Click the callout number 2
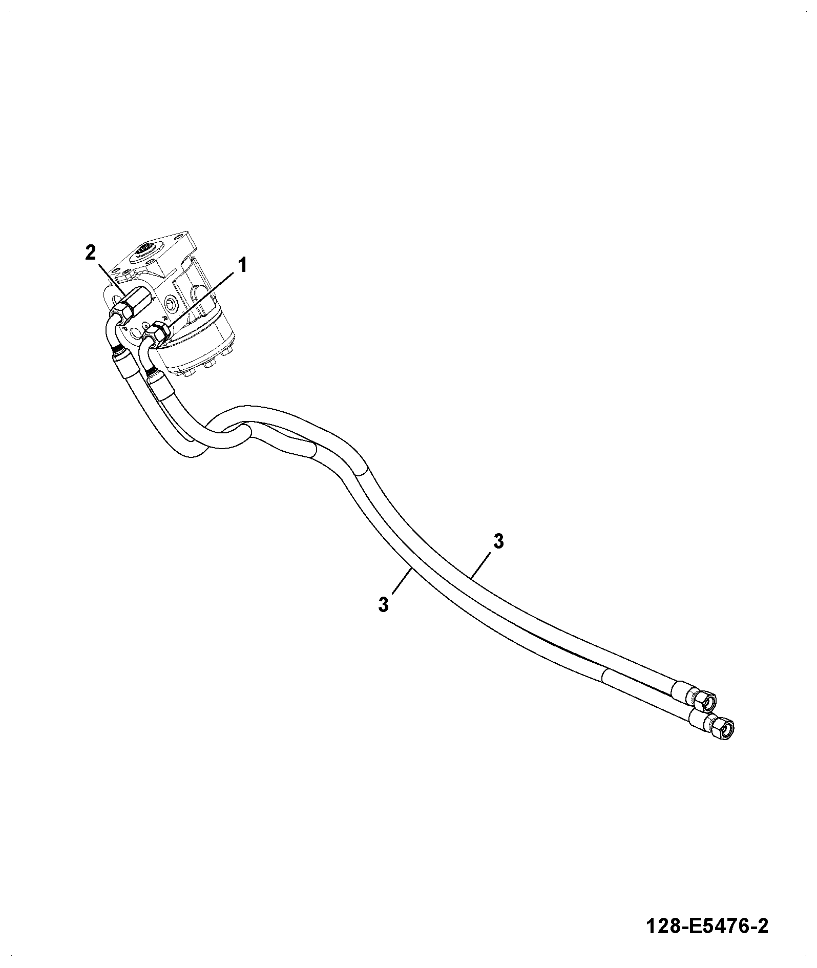click(91, 253)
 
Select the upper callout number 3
click(498, 541)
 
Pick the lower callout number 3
click(384, 604)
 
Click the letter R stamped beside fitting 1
click(164, 319)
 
